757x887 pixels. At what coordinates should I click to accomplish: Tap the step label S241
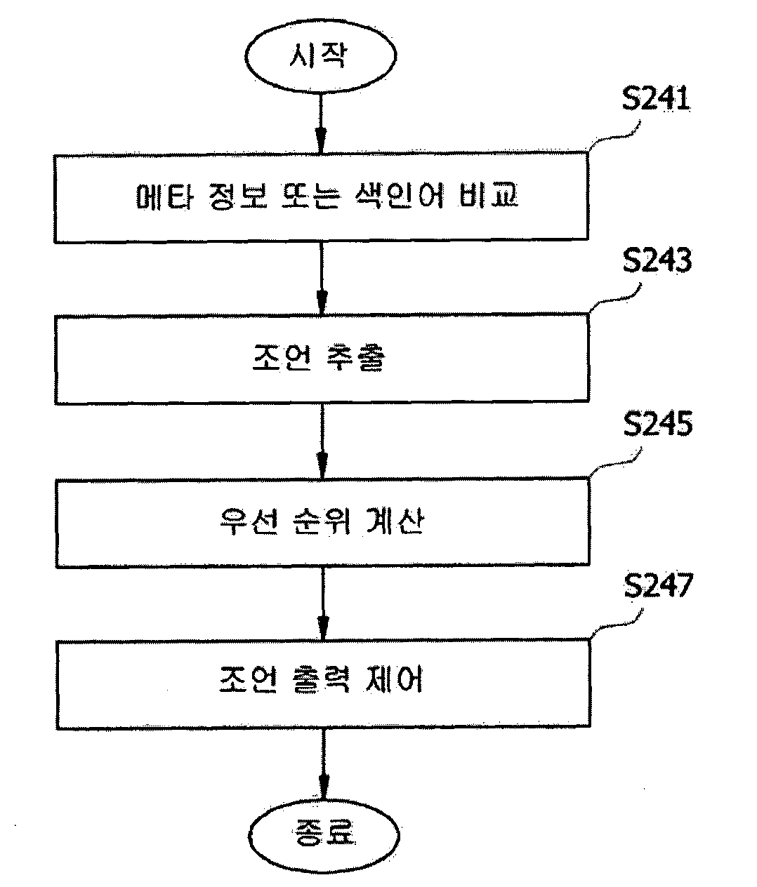[x=656, y=99]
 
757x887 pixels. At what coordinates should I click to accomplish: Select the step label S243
[x=657, y=260]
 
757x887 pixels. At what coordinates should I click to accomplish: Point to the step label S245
[x=658, y=424]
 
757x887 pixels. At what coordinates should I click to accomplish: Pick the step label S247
[x=658, y=586]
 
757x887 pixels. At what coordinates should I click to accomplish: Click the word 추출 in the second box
[x=355, y=357]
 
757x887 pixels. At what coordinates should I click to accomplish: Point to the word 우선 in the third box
[x=248, y=522]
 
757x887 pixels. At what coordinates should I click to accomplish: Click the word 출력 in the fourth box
[x=320, y=679]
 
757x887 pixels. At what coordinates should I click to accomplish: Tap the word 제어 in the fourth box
[x=394, y=679]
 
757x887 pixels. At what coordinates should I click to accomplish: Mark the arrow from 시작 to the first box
[x=320, y=124]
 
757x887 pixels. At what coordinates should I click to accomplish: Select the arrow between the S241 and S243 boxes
[x=322, y=279]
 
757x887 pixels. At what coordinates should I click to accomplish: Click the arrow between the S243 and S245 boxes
[x=322, y=441]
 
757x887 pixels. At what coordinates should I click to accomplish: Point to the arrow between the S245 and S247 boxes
[x=323, y=603]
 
